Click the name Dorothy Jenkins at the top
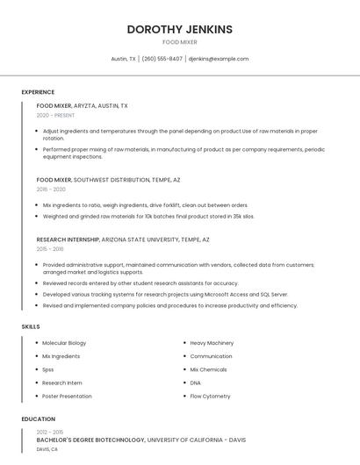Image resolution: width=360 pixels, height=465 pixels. coord(179,29)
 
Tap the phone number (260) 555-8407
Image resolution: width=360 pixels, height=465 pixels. coord(162,59)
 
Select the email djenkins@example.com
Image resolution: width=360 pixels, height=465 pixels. coord(219,59)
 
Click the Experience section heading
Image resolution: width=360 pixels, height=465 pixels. coord(38,92)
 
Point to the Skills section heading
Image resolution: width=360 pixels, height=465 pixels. coord(31,326)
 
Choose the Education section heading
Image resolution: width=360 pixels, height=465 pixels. coord(39,419)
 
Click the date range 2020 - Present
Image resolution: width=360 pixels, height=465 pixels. coord(55,115)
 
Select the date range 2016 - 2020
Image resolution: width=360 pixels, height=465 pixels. coord(51,189)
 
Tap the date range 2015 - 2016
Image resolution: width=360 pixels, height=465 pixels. coord(50,249)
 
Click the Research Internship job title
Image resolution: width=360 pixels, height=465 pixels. coord(68,240)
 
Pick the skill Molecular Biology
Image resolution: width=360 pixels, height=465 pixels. coord(64,343)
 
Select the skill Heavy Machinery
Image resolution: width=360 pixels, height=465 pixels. coord(212,343)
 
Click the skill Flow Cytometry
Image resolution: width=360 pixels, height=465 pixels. coord(209,397)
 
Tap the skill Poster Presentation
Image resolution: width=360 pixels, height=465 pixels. coord(67,397)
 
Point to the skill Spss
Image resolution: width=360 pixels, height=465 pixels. coord(48,369)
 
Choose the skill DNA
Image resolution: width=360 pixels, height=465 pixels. coord(195,383)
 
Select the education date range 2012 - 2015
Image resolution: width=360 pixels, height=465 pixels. coord(50,432)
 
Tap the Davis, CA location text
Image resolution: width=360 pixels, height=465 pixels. coord(47,449)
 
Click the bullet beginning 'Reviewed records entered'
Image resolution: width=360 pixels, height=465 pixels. coord(140,283)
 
